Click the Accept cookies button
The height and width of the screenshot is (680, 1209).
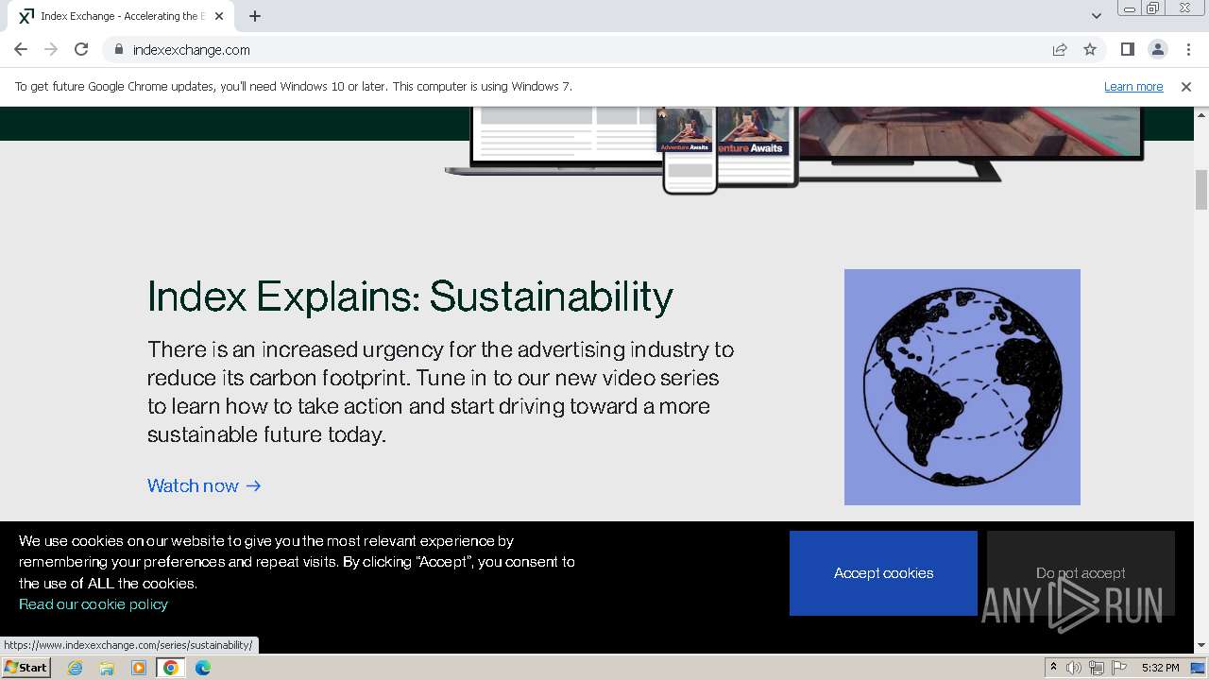click(883, 573)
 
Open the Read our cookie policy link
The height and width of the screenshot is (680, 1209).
click(94, 604)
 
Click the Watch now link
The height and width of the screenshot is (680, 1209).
click(204, 485)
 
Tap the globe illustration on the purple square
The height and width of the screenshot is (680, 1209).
click(962, 387)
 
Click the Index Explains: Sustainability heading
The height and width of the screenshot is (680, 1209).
click(410, 297)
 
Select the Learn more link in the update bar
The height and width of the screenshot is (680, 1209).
click(1132, 87)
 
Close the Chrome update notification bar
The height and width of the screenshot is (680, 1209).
click(1185, 87)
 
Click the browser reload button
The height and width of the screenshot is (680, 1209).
click(81, 50)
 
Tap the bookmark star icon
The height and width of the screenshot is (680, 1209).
click(1090, 50)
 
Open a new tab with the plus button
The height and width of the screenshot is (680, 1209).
click(255, 16)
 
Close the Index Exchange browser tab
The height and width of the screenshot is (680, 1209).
click(219, 16)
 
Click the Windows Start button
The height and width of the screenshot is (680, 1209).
click(26, 668)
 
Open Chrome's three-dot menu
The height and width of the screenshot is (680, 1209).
click(1188, 50)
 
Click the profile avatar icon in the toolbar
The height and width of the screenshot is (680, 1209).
click(1157, 50)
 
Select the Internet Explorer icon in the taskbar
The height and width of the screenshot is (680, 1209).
click(75, 668)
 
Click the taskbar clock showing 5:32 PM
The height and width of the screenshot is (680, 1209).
click(1160, 668)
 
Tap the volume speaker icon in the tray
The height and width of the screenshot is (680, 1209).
click(1074, 668)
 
